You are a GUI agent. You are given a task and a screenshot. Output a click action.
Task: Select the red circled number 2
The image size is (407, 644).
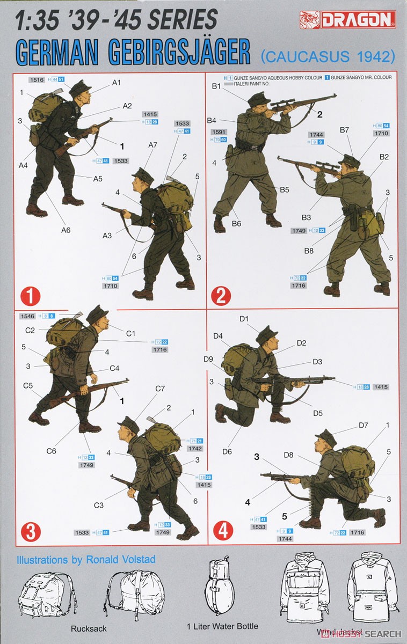pyautogui.click(x=221, y=296)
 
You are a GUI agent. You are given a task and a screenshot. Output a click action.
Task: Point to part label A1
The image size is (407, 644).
pyautogui.click(x=117, y=82)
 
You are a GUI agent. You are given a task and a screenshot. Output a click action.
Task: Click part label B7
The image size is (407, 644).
pyautogui.click(x=344, y=130)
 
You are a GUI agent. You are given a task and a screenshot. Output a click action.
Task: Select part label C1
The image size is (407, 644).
pyautogui.click(x=130, y=334)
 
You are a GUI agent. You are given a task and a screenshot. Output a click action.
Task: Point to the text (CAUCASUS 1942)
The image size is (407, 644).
pyautogui.click(x=328, y=55)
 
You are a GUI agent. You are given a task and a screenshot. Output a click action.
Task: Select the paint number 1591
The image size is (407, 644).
pyautogui.click(x=220, y=131)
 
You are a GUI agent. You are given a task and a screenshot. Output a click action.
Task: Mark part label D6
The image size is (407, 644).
pyautogui.click(x=227, y=451)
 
